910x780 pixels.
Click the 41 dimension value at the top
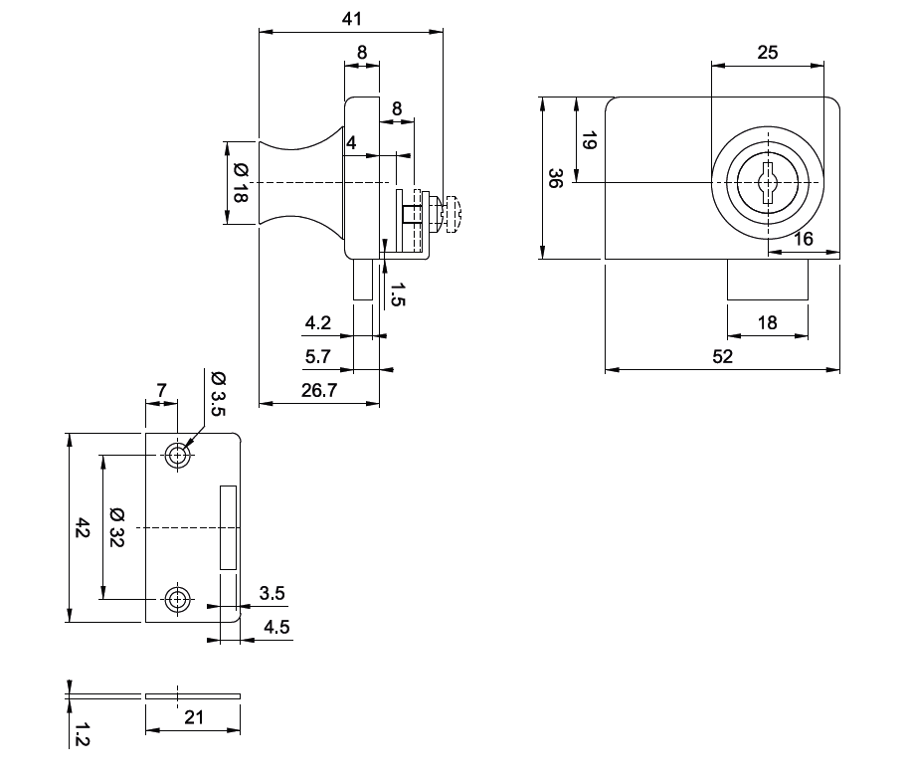coord(350,19)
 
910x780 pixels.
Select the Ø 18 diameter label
coord(240,183)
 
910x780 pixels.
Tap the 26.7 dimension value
coord(317,391)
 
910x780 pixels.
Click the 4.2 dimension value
coord(317,323)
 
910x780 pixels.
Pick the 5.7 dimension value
coord(317,355)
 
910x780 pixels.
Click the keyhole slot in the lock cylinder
coord(768,184)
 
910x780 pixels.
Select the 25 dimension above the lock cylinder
coord(768,53)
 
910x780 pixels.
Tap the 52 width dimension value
coord(722,356)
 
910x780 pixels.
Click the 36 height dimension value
coord(555,178)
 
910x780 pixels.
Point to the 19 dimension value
coord(588,140)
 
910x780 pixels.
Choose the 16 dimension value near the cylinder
coord(804,239)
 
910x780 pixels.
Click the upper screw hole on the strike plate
coord(178,456)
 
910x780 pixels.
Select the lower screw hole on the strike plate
coord(178,599)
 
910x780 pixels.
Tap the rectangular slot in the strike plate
coord(229,527)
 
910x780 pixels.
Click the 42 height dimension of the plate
coord(83,528)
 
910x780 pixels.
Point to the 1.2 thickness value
coord(83,735)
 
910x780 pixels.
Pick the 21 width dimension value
coord(193,716)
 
